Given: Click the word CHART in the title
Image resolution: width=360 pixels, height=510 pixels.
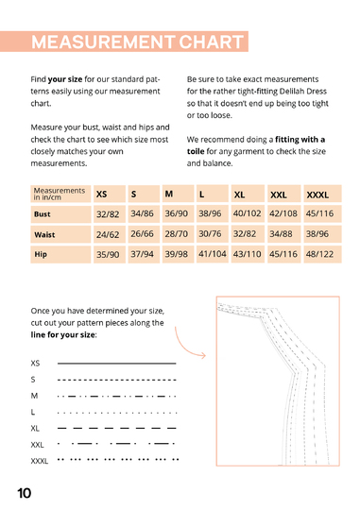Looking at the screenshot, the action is pos(211,42).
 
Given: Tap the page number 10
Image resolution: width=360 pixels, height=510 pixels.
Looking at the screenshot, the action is pos(24,493).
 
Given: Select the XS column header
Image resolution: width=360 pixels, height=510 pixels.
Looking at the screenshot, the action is pos(110,194).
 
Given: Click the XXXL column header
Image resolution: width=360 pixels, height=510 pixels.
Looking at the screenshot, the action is pos(322,194).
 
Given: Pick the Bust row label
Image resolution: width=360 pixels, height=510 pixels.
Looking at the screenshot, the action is pos(60,214).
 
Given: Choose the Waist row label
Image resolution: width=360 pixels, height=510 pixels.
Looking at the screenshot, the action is pos(60,234).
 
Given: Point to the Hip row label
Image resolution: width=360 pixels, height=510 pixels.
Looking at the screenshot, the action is pos(60,254).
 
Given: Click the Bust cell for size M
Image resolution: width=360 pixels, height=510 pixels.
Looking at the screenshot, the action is pos(178,213).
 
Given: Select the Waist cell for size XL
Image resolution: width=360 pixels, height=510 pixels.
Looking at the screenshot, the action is pos(248,234).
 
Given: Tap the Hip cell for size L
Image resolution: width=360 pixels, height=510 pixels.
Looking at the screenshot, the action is pos(213,254).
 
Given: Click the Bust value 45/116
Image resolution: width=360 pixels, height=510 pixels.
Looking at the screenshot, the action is pos(319,213).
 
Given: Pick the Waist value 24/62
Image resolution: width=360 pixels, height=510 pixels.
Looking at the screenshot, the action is pos(108,234).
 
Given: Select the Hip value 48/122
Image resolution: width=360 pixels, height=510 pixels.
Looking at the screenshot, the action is pos(319,254).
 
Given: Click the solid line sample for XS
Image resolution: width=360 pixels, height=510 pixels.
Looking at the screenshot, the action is pos(117,363).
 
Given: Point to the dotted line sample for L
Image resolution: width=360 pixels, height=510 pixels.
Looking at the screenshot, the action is pos(117,413).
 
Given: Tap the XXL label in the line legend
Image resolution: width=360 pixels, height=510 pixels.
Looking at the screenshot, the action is pos(37,445).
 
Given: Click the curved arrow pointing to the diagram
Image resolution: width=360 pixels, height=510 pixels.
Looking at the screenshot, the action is pos(183,348).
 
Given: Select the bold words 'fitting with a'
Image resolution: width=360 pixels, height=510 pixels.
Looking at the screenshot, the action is pos(300,140).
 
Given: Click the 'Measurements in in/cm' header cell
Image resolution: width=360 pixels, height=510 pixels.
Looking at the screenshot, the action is pos(60,194).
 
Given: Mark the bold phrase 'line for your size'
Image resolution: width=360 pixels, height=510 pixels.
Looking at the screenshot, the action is pos(63,334).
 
